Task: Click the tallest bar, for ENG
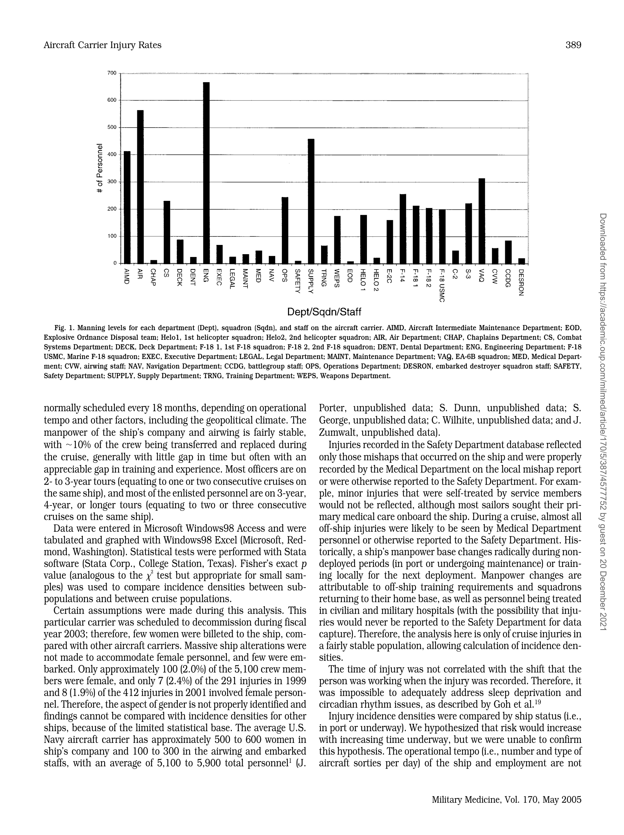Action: tap(206, 172)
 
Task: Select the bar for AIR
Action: tap(140, 187)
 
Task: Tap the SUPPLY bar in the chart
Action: tap(311, 201)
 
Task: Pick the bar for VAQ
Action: tap(482, 220)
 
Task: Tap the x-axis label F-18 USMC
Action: tap(442, 285)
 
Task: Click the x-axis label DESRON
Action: tap(521, 282)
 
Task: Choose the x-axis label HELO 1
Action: tap(363, 279)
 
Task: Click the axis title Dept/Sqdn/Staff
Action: tap(324, 312)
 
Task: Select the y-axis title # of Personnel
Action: tap(100, 168)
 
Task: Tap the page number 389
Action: tap(573, 45)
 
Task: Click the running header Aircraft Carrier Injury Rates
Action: tap(102, 45)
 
